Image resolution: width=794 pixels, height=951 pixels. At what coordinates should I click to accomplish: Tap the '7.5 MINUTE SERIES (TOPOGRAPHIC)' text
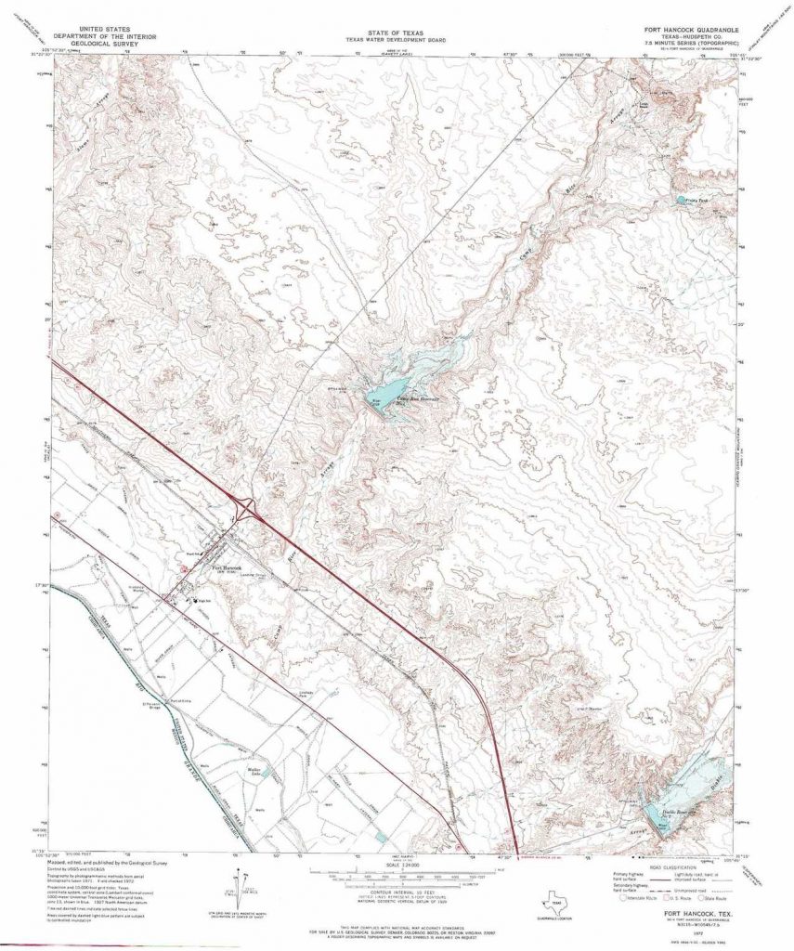click(x=693, y=44)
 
